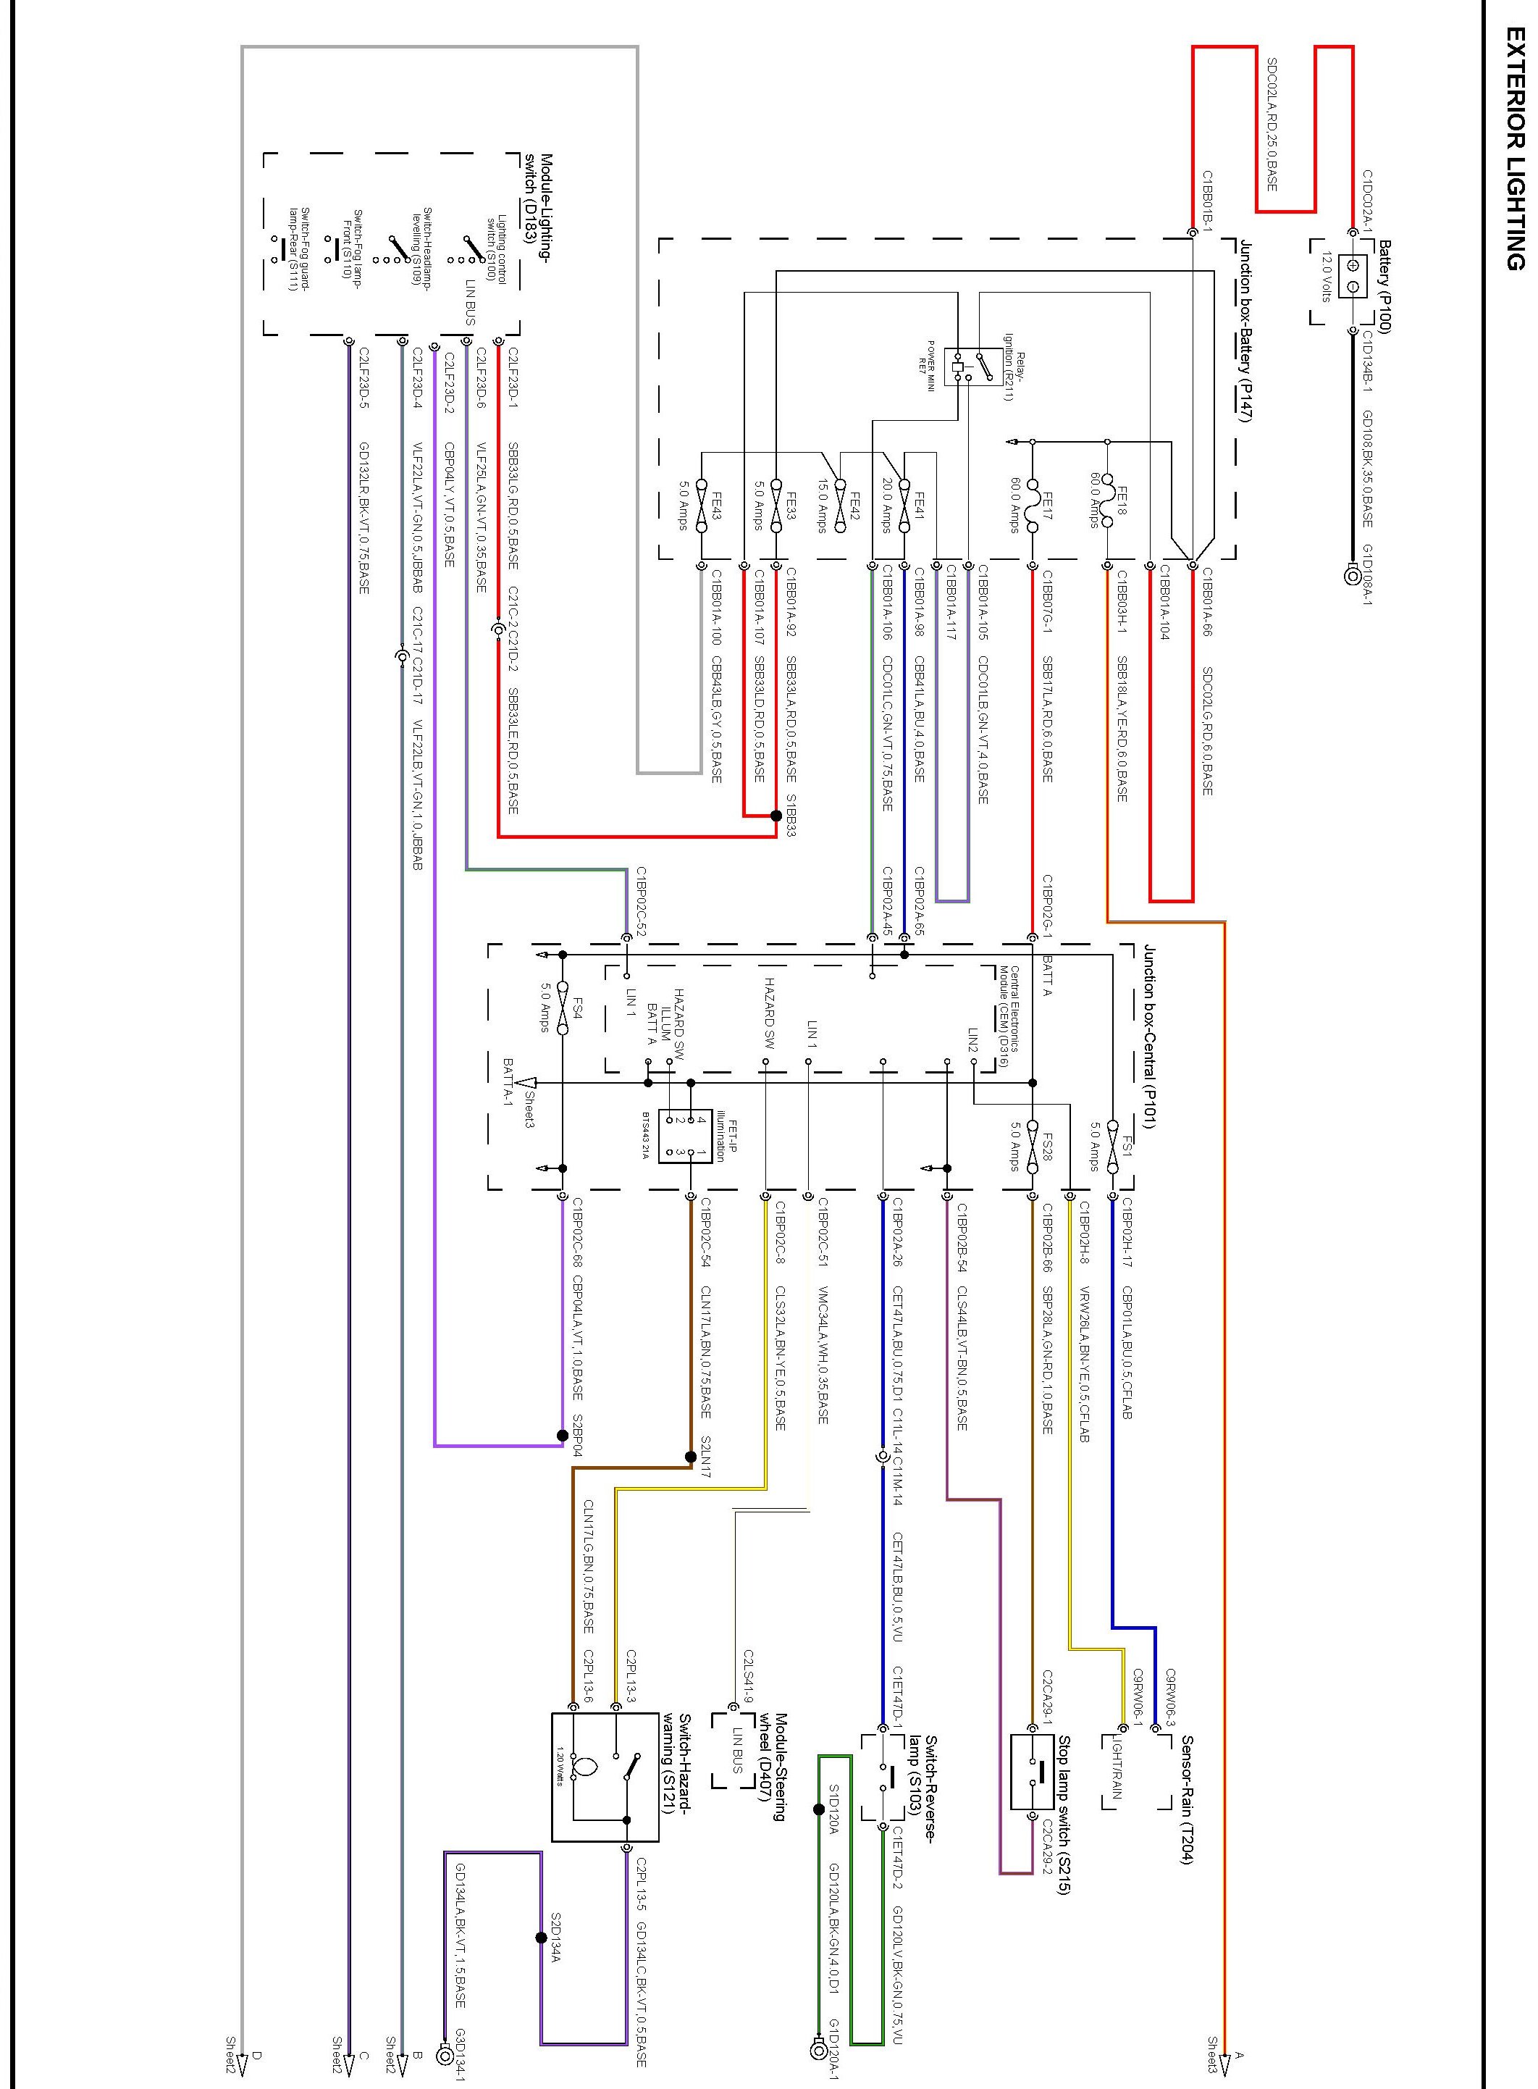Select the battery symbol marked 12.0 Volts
click(x=1353, y=277)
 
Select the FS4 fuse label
click(x=578, y=1008)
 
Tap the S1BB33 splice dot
click(x=776, y=816)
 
